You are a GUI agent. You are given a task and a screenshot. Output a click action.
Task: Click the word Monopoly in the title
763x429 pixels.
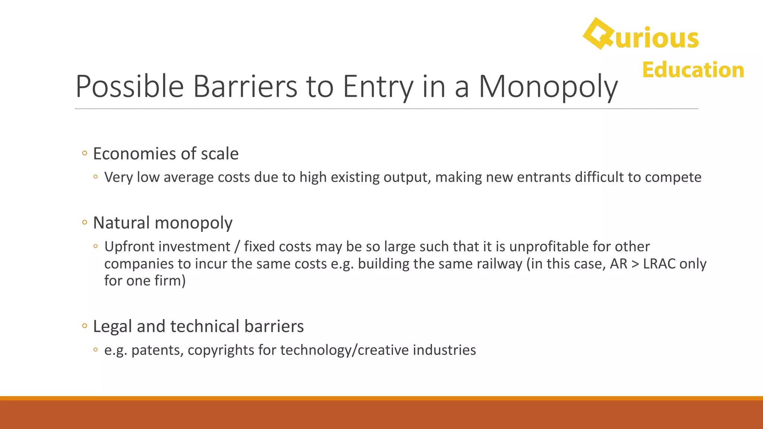pyautogui.click(x=548, y=86)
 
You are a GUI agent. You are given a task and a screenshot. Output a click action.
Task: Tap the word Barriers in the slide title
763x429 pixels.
pyautogui.click(x=245, y=86)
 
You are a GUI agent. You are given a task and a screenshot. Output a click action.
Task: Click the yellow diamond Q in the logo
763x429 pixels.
pyautogui.click(x=598, y=34)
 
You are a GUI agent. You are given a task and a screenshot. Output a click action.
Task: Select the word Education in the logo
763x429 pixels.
pyautogui.click(x=693, y=70)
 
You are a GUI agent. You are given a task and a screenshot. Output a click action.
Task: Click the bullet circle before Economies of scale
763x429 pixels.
pyautogui.click(x=85, y=153)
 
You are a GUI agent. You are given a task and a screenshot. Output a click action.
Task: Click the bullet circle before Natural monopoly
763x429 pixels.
pyautogui.click(x=85, y=222)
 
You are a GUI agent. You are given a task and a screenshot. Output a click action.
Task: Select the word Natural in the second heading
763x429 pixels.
pyautogui.click(x=121, y=223)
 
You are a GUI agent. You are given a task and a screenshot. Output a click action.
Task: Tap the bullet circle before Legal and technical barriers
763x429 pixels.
pyautogui.click(x=85, y=326)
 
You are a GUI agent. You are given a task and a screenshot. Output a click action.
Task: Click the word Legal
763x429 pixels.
pyautogui.click(x=113, y=326)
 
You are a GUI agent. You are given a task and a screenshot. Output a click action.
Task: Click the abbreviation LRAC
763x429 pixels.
pyautogui.click(x=659, y=264)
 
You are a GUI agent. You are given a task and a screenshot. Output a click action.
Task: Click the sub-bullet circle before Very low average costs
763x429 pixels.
pyautogui.click(x=96, y=177)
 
